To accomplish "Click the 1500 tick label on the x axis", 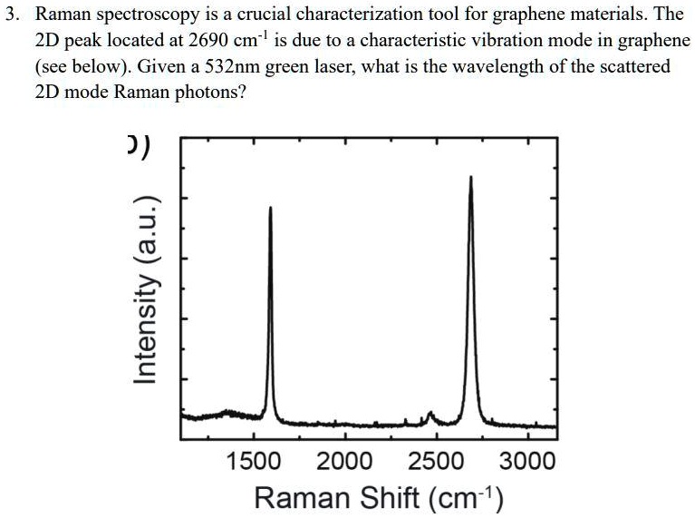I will [x=253, y=462].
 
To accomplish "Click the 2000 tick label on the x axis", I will [x=344, y=462].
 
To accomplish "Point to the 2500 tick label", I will [x=436, y=462].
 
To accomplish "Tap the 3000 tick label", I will [x=527, y=462].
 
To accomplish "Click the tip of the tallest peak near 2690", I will [x=471, y=177].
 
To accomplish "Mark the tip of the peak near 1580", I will [x=270, y=208].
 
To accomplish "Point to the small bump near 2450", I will [x=430, y=415].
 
